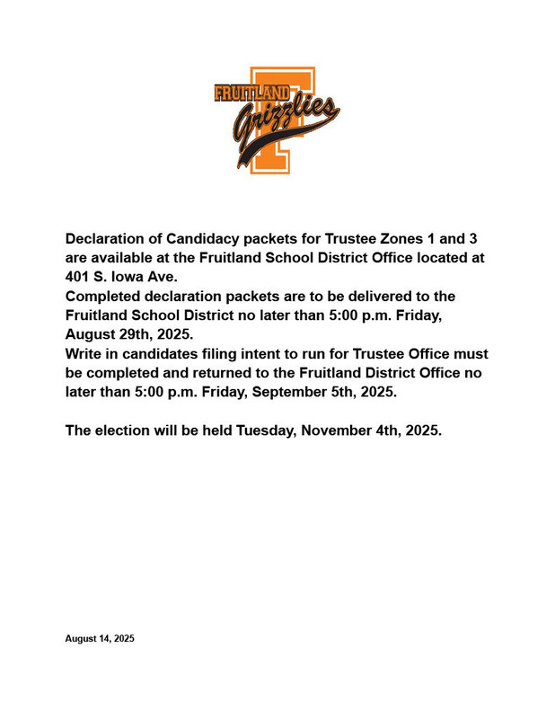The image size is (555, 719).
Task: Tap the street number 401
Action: [78, 277]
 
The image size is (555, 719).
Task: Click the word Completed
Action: [101, 297]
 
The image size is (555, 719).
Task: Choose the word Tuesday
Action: [266, 431]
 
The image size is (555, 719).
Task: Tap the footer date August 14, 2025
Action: [100, 639]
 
